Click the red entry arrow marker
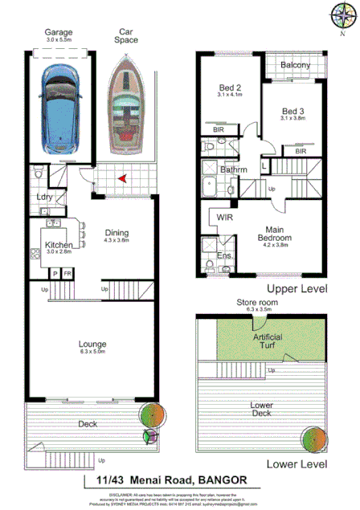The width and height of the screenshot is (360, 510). (x=121, y=178)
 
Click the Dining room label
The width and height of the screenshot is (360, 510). (x=117, y=235)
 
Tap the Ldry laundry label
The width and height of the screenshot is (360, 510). (x=44, y=197)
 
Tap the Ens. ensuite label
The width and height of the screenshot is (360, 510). (x=226, y=257)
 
